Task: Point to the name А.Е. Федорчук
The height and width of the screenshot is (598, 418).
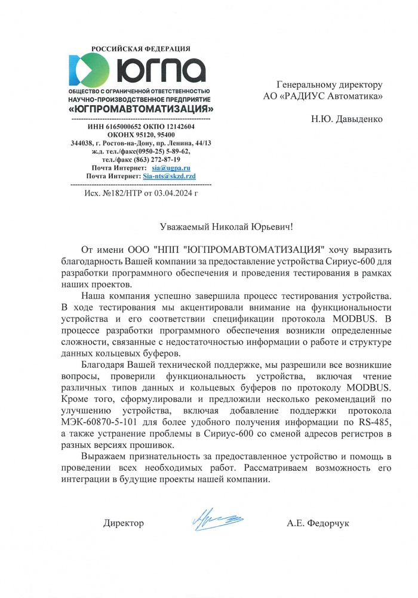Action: (318, 523)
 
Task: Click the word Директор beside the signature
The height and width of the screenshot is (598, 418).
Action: (124, 523)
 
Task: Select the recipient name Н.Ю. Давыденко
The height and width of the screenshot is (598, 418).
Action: (346, 118)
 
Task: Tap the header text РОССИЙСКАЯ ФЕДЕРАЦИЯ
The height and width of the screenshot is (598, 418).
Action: (141, 48)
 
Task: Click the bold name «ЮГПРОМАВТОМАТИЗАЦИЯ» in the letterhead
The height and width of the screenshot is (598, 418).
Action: (142, 110)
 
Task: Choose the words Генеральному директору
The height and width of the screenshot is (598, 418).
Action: (329, 84)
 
